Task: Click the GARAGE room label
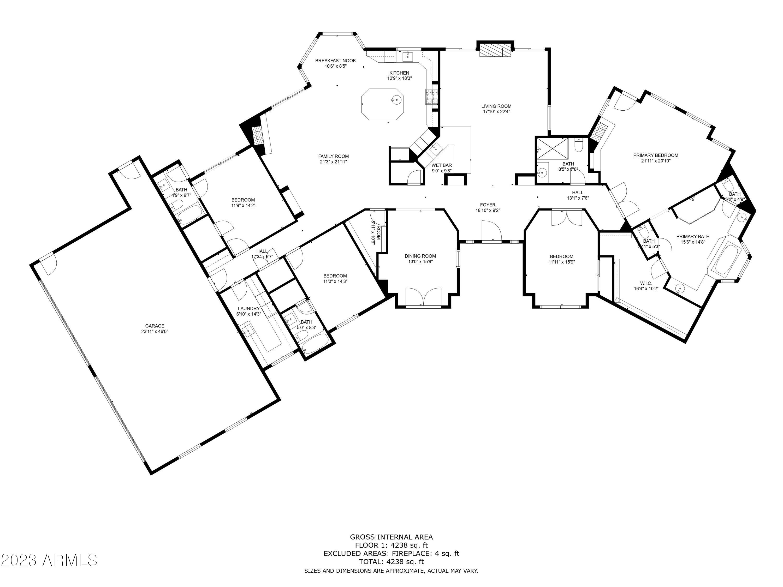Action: pyautogui.click(x=155, y=326)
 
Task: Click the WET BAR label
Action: pyautogui.click(x=441, y=165)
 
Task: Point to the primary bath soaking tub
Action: pyautogui.click(x=728, y=260)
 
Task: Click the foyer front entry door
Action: pyautogui.click(x=491, y=232)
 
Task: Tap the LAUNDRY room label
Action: pyautogui.click(x=248, y=309)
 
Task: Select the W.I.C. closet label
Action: pyautogui.click(x=646, y=283)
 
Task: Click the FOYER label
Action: pyautogui.click(x=488, y=205)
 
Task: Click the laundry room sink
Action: pyautogui.click(x=248, y=331)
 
